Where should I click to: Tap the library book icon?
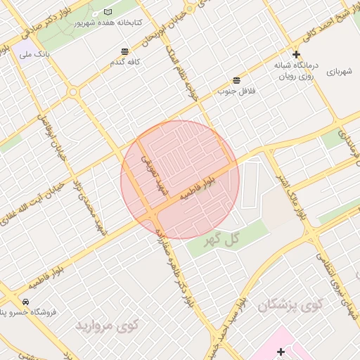[107, 13]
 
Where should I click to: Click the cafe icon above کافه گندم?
[124, 51]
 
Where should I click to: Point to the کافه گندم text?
[124, 62]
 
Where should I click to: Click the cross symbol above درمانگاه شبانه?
[296, 54]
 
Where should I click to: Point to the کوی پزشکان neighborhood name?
[290, 304]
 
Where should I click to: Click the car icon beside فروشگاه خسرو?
[25, 301]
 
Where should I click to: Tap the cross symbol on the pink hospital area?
[281, 351]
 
